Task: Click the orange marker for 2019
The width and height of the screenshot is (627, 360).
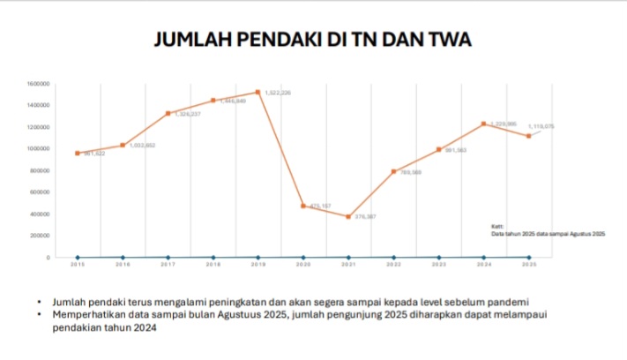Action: pos(258,92)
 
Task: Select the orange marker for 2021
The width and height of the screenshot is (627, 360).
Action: pos(348,216)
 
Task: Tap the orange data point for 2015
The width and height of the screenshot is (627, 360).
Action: pos(78,153)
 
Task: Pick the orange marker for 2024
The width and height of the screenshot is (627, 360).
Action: pos(483,124)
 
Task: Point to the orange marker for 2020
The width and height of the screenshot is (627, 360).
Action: pos(302,206)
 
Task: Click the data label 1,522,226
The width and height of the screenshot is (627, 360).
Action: pos(278,93)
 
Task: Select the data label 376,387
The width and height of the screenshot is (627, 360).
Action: pos(366,216)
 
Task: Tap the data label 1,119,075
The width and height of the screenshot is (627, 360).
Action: pos(541,126)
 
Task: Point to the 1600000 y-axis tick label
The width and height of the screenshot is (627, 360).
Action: pos(40,84)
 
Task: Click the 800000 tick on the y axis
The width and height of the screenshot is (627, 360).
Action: pos(41,170)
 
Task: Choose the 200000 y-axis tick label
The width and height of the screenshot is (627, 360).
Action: pos(41,236)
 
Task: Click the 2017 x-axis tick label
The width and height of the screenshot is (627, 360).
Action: pos(168,264)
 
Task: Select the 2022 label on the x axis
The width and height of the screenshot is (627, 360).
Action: pos(393,264)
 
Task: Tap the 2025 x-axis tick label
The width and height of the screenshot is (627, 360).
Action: pos(529,264)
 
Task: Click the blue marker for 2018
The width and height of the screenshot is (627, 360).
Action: pos(213,257)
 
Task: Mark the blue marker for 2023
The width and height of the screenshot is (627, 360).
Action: pos(438,257)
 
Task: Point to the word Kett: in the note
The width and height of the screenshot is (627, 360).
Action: pos(497,227)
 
